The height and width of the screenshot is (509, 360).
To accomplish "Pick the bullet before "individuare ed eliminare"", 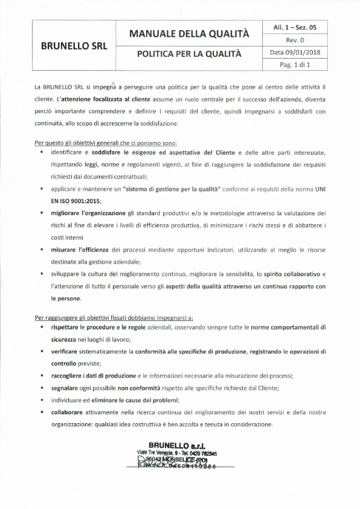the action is pyautogui.click(x=42, y=400).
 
